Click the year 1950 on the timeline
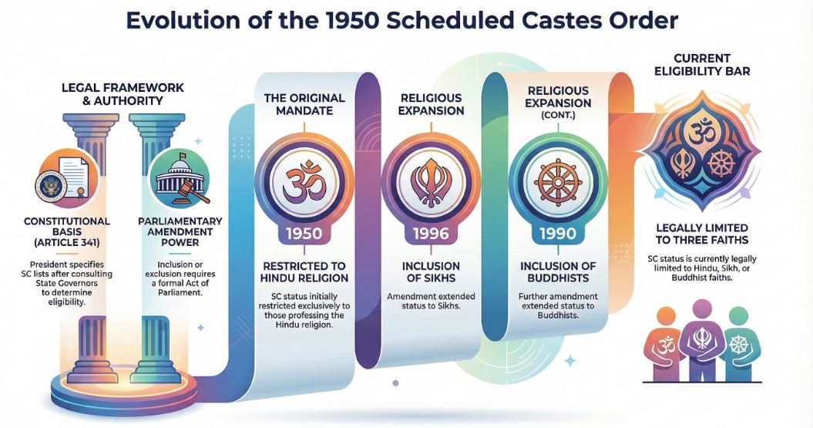click(304, 233)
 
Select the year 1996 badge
click(431, 233)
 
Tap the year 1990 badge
click(558, 233)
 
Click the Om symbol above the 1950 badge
click(304, 181)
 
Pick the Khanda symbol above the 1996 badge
click(431, 182)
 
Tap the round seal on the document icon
click(50, 187)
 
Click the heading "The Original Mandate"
click(304, 104)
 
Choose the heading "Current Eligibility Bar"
click(702, 64)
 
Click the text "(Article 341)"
click(66, 242)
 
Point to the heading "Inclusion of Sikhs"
click(431, 272)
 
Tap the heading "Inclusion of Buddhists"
click(558, 272)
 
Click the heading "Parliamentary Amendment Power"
click(180, 232)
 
